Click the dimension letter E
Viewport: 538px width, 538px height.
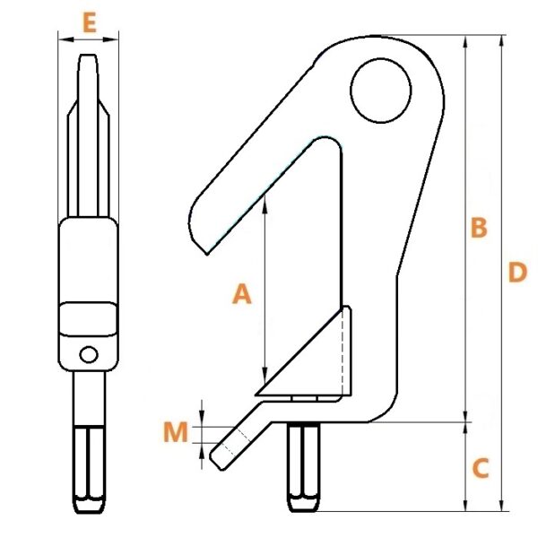[90, 23]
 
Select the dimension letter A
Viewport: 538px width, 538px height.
[242, 294]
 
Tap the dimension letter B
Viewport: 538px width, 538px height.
[479, 227]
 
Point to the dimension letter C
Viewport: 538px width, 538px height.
[481, 468]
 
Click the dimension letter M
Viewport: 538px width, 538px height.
[176, 431]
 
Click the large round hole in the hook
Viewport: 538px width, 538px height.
[380, 91]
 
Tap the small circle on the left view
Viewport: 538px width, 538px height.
[89, 354]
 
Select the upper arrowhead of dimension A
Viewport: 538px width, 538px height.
[265, 204]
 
